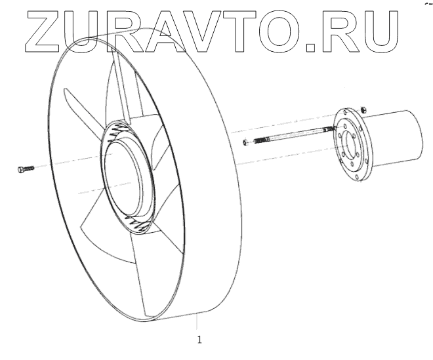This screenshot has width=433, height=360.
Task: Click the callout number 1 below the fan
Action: point(199,340)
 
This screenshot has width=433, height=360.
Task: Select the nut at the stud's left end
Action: point(245,142)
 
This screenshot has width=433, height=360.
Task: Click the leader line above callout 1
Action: point(196,325)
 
